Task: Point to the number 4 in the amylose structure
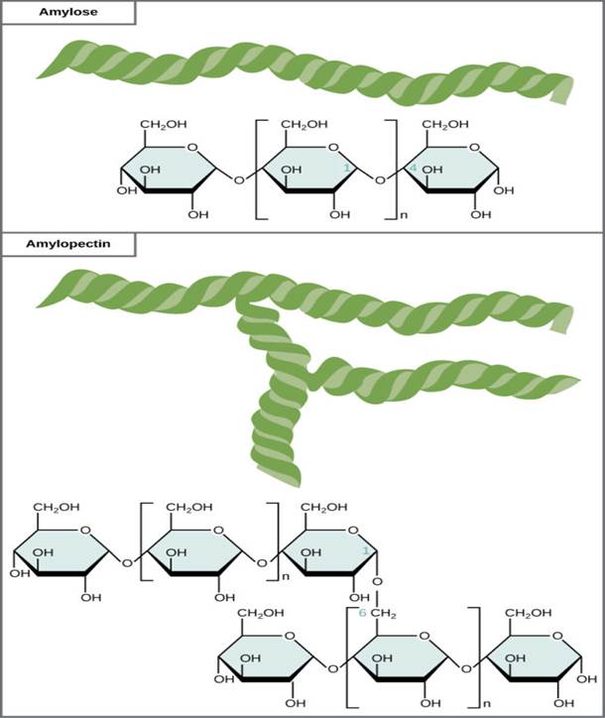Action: tap(413, 171)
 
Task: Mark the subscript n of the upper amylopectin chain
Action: tap(284, 575)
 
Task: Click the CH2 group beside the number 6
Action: tap(384, 615)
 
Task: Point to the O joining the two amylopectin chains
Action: tap(378, 581)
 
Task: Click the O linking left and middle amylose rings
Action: tap(236, 179)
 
